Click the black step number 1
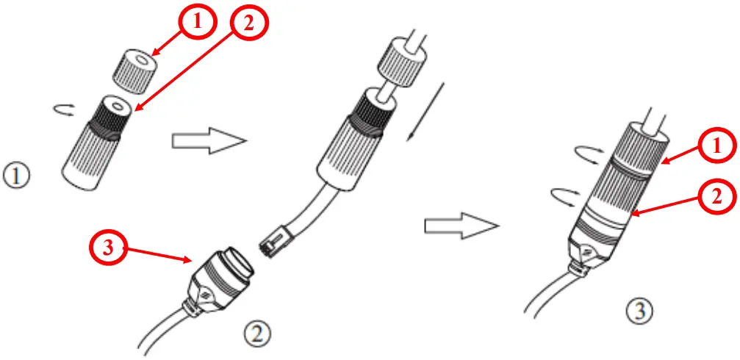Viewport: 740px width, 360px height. (15, 177)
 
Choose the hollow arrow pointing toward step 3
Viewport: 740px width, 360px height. (455, 227)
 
